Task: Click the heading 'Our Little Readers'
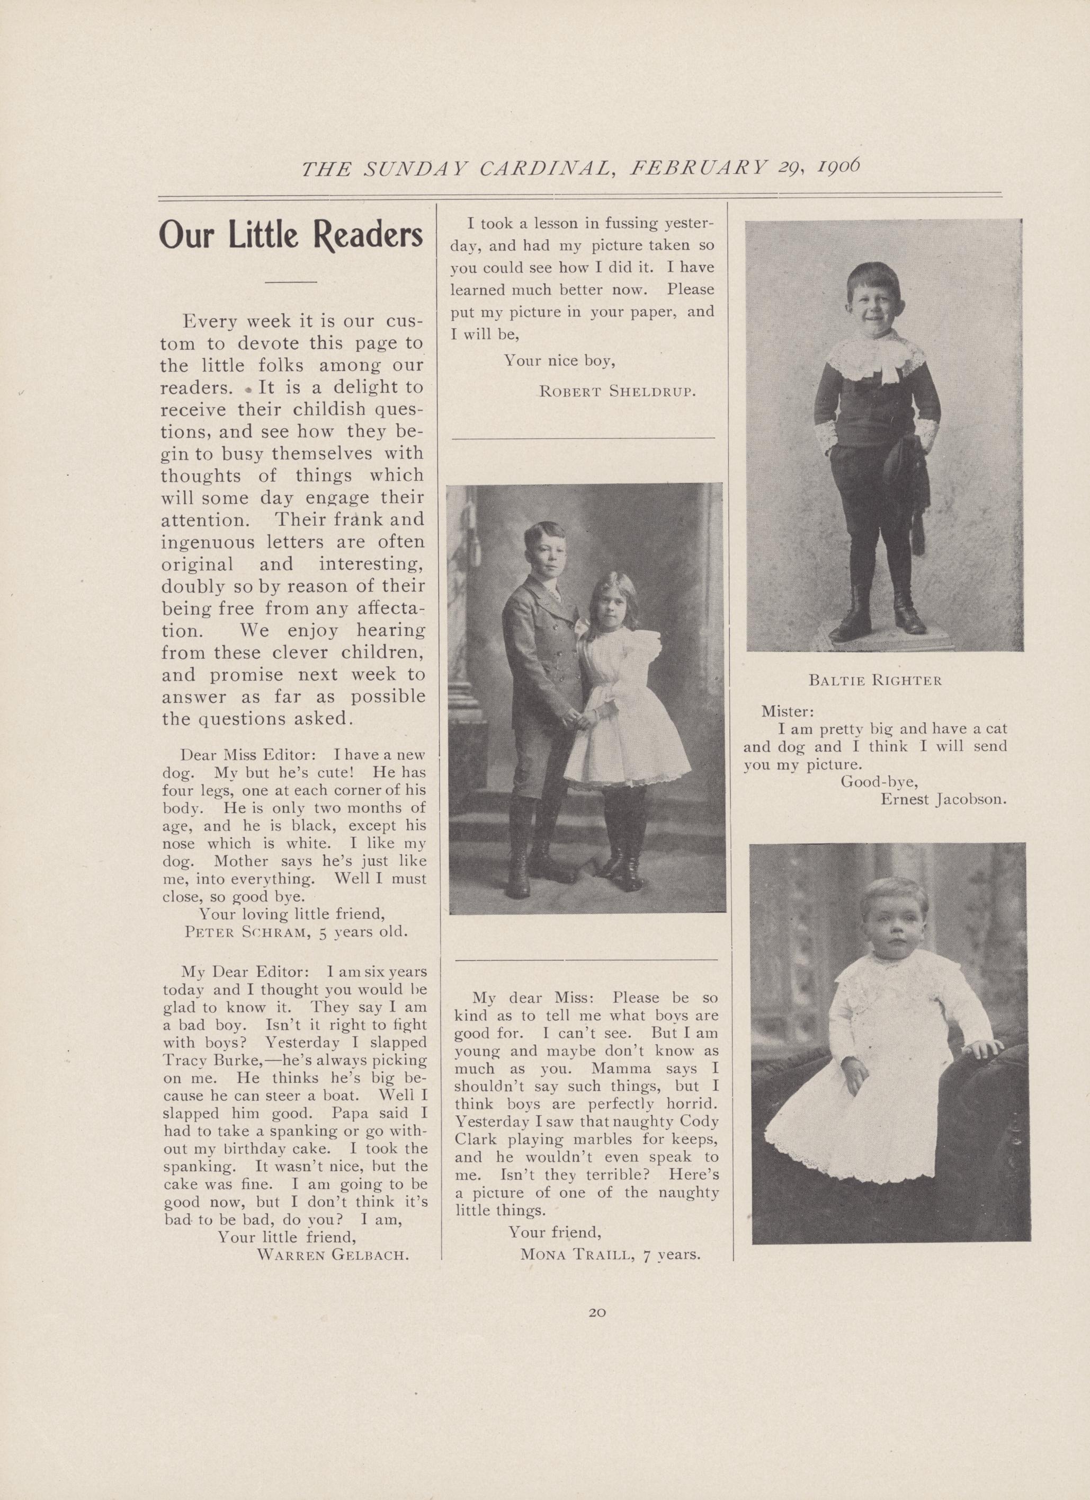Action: coord(291,234)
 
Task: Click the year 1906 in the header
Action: coord(838,166)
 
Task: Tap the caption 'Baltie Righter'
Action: coord(875,680)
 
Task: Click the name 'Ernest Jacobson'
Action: coord(943,799)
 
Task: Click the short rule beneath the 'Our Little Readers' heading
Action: coord(290,283)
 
